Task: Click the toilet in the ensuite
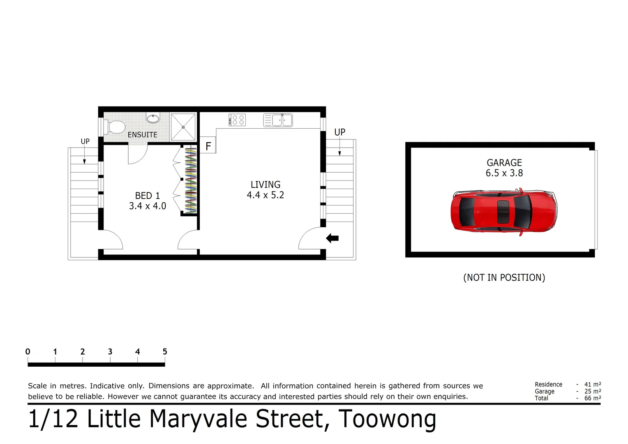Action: (115, 127)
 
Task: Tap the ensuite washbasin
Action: (153, 118)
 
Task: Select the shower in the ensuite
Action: (183, 127)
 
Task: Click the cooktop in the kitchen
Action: (237, 120)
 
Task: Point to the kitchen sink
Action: (278, 120)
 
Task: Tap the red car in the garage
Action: (504, 212)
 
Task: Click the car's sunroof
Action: (503, 212)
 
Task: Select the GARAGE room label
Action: (504, 163)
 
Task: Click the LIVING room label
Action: (266, 185)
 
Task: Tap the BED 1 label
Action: (148, 196)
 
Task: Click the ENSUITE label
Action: (142, 135)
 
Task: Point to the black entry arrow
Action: (332, 238)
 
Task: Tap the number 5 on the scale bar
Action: (165, 351)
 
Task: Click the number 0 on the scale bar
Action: (28, 351)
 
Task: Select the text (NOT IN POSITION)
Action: (504, 277)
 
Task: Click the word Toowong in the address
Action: (387, 419)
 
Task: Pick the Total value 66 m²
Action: (592, 398)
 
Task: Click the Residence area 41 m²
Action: (592, 384)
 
